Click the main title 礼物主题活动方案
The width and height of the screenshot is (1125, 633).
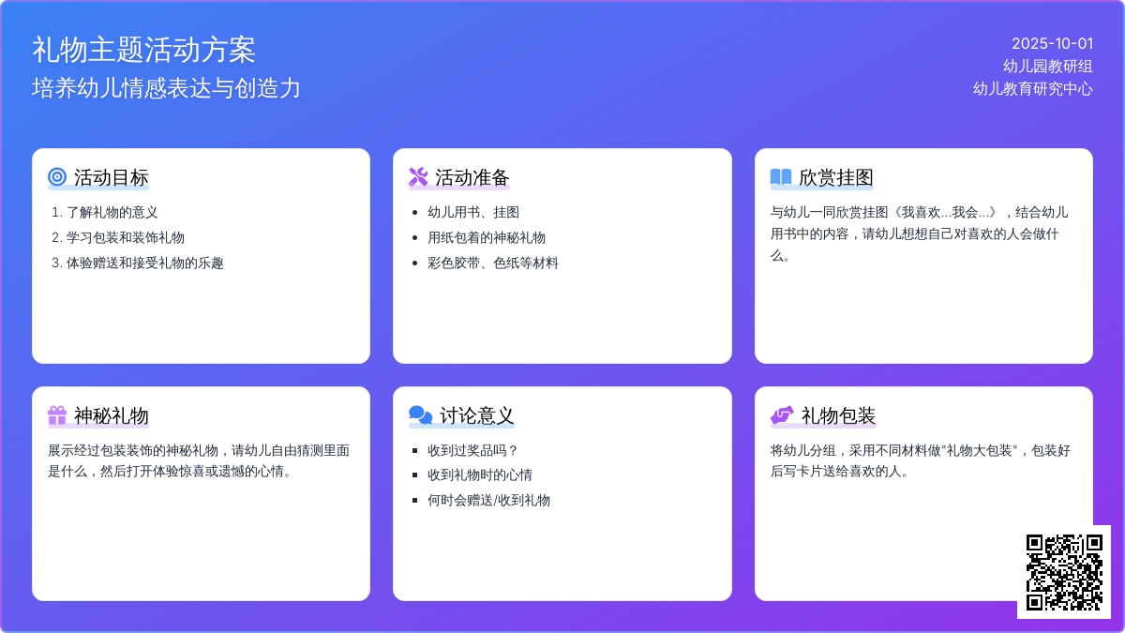[x=143, y=51]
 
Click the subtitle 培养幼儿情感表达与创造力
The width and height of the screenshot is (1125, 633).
[x=166, y=88]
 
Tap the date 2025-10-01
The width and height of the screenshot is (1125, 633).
[x=1052, y=44]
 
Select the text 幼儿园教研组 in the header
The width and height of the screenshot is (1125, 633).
[x=1048, y=67]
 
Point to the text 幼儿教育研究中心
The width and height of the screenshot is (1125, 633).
[x=1032, y=89]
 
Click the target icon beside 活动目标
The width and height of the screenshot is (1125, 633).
[x=57, y=177]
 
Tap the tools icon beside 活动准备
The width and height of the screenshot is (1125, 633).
[x=418, y=177]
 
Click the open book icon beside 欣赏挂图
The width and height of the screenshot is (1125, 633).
[x=781, y=177]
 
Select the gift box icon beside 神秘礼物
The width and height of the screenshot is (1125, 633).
[x=57, y=414]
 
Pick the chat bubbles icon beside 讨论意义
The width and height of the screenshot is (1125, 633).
[x=420, y=414]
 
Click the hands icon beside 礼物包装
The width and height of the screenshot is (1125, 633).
[x=782, y=414]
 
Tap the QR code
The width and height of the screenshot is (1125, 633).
[x=1064, y=572]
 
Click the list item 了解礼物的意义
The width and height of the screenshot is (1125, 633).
[x=112, y=213]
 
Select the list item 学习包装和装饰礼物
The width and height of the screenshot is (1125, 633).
[x=126, y=237]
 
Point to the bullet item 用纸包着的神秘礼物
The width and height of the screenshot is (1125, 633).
[x=487, y=237]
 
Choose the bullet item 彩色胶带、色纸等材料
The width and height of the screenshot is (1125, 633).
[x=493, y=263]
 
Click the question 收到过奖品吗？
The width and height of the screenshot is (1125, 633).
[x=472, y=450]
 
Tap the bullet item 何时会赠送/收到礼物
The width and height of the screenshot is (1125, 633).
[x=488, y=501]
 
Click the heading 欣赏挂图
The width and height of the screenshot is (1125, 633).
[x=835, y=177]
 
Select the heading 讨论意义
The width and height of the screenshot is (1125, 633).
[x=476, y=415]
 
